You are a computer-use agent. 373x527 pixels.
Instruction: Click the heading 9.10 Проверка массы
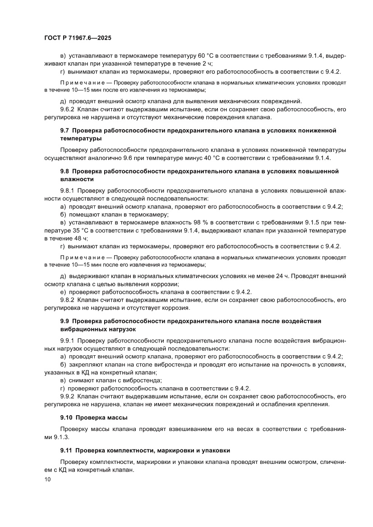(94, 417)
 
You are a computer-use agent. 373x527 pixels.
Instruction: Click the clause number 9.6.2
(68, 110)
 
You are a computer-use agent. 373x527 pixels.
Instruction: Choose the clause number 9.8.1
(68, 191)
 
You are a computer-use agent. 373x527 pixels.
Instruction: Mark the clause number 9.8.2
(68, 300)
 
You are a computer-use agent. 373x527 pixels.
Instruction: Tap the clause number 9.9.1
(68, 340)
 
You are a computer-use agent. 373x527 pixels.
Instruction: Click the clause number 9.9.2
(68, 396)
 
